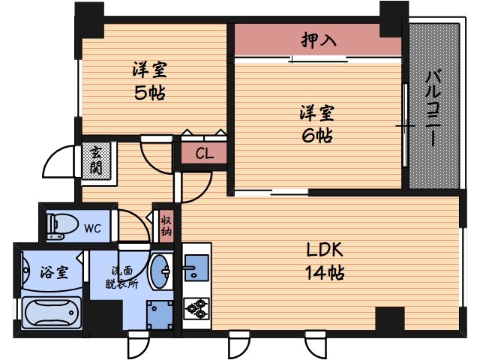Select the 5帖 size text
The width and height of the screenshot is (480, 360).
150,94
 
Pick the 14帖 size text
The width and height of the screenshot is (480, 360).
325,272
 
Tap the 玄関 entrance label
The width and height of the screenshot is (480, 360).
97,160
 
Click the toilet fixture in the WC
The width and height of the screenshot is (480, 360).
61,223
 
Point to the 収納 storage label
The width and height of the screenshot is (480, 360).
166,225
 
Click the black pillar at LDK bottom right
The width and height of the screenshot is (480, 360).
390,321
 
